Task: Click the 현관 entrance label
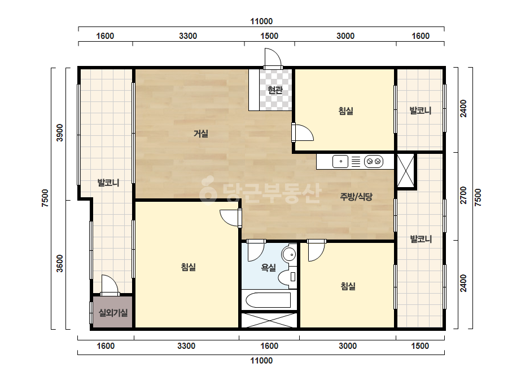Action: (x=275, y=90)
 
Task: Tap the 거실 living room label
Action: (x=201, y=134)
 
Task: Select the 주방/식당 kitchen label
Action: (x=356, y=197)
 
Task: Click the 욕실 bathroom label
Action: (x=269, y=268)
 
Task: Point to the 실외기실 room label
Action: (x=113, y=312)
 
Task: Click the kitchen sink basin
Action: (x=340, y=162)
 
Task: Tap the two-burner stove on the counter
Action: (x=374, y=162)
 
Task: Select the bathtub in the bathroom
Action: (x=269, y=300)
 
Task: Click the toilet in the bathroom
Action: (x=287, y=277)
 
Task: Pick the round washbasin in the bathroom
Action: (x=289, y=255)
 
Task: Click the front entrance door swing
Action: (x=273, y=59)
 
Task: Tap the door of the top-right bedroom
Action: (x=303, y=132)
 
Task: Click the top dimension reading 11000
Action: (x=261, y=21)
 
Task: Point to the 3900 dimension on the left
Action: (x=59, y=132)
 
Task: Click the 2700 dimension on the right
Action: (x=463, y=195)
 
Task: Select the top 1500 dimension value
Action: (x=269, y=36)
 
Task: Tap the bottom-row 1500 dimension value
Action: (x=420, y=346)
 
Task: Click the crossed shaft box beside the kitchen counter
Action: (x=406, y=171)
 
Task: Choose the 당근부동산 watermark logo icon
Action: (x=208, y=189)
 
